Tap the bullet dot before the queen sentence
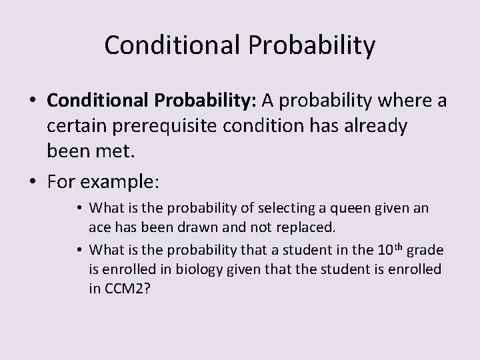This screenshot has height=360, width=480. coord(79,208)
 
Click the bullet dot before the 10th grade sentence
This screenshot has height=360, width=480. coord(79,251)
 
